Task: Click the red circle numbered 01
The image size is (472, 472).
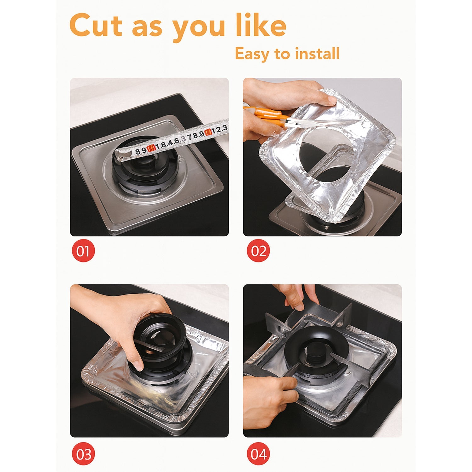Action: click(x=83, y=251)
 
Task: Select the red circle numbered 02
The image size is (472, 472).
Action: click(x=258, y=251)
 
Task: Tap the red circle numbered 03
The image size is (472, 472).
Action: click(x=83, y=454)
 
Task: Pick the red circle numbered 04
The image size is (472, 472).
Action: click(x=258, y=454)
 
